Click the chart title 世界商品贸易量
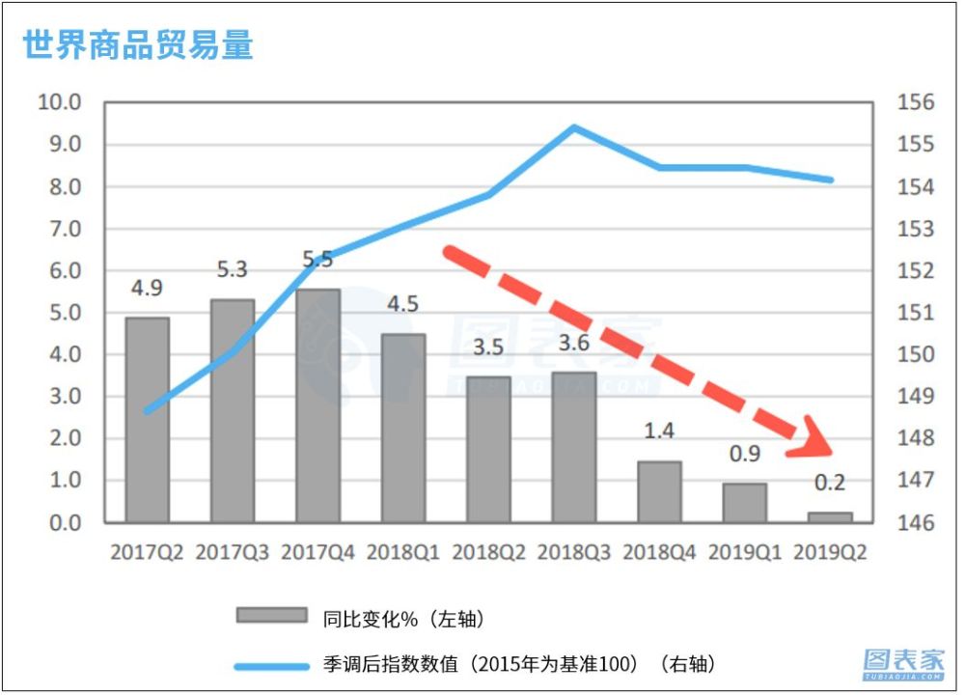(138, 45)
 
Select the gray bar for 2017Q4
(318, 405)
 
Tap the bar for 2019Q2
(830, 517)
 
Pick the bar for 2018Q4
(659, 491)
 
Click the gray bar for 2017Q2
(148, 420)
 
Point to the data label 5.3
(233, 270)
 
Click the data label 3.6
(574, 343)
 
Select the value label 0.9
(745, 454)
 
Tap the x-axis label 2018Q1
(403, 553)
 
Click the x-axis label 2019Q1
(745, 553)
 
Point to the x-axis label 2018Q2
(488, 553)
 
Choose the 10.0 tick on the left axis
(59, 102)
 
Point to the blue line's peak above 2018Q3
(574, 126)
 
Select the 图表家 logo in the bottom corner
(903, 662)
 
